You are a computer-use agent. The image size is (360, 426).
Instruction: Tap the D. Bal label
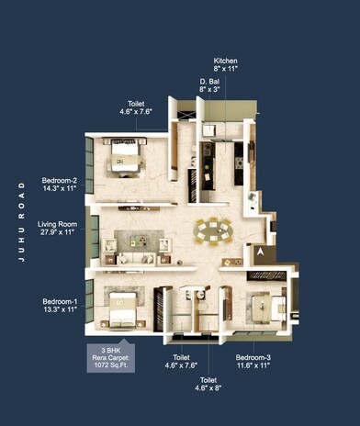208,81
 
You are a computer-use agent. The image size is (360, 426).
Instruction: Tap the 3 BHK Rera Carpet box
112,354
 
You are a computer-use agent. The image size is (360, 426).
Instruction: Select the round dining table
214,229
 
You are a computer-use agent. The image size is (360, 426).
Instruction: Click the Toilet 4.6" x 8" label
209,384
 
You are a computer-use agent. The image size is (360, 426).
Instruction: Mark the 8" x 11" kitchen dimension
226,68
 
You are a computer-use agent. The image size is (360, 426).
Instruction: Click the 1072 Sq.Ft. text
112,363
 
